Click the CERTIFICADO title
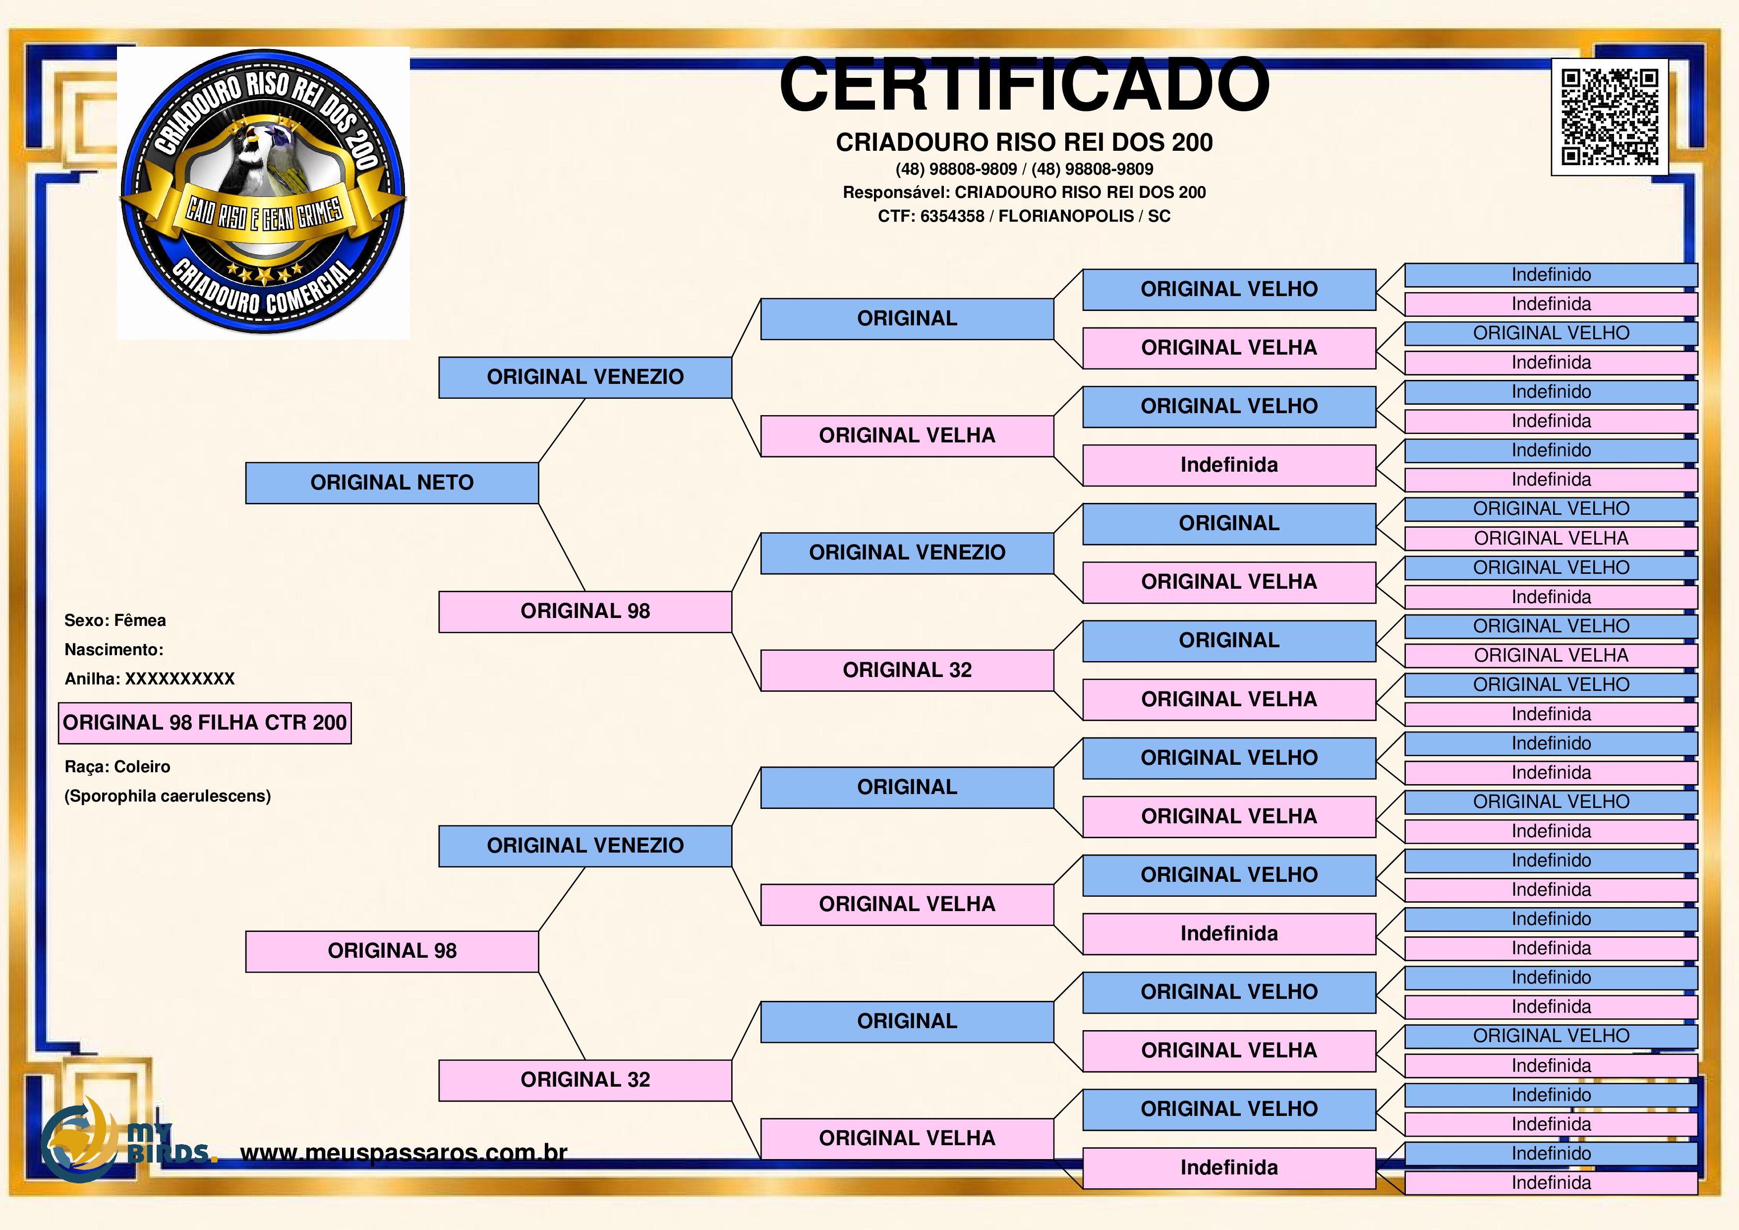(x=1024, y=84)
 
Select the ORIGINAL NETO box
(x=392, y=483)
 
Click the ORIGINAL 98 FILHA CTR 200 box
(x=205, y=723)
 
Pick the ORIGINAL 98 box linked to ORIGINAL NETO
(x=585, y=612)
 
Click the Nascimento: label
(x=114, y=650)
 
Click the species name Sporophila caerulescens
(x=168, y=796)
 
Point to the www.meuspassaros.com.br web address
(x=404, y=1153)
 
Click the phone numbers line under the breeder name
(x=1024, y=169)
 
